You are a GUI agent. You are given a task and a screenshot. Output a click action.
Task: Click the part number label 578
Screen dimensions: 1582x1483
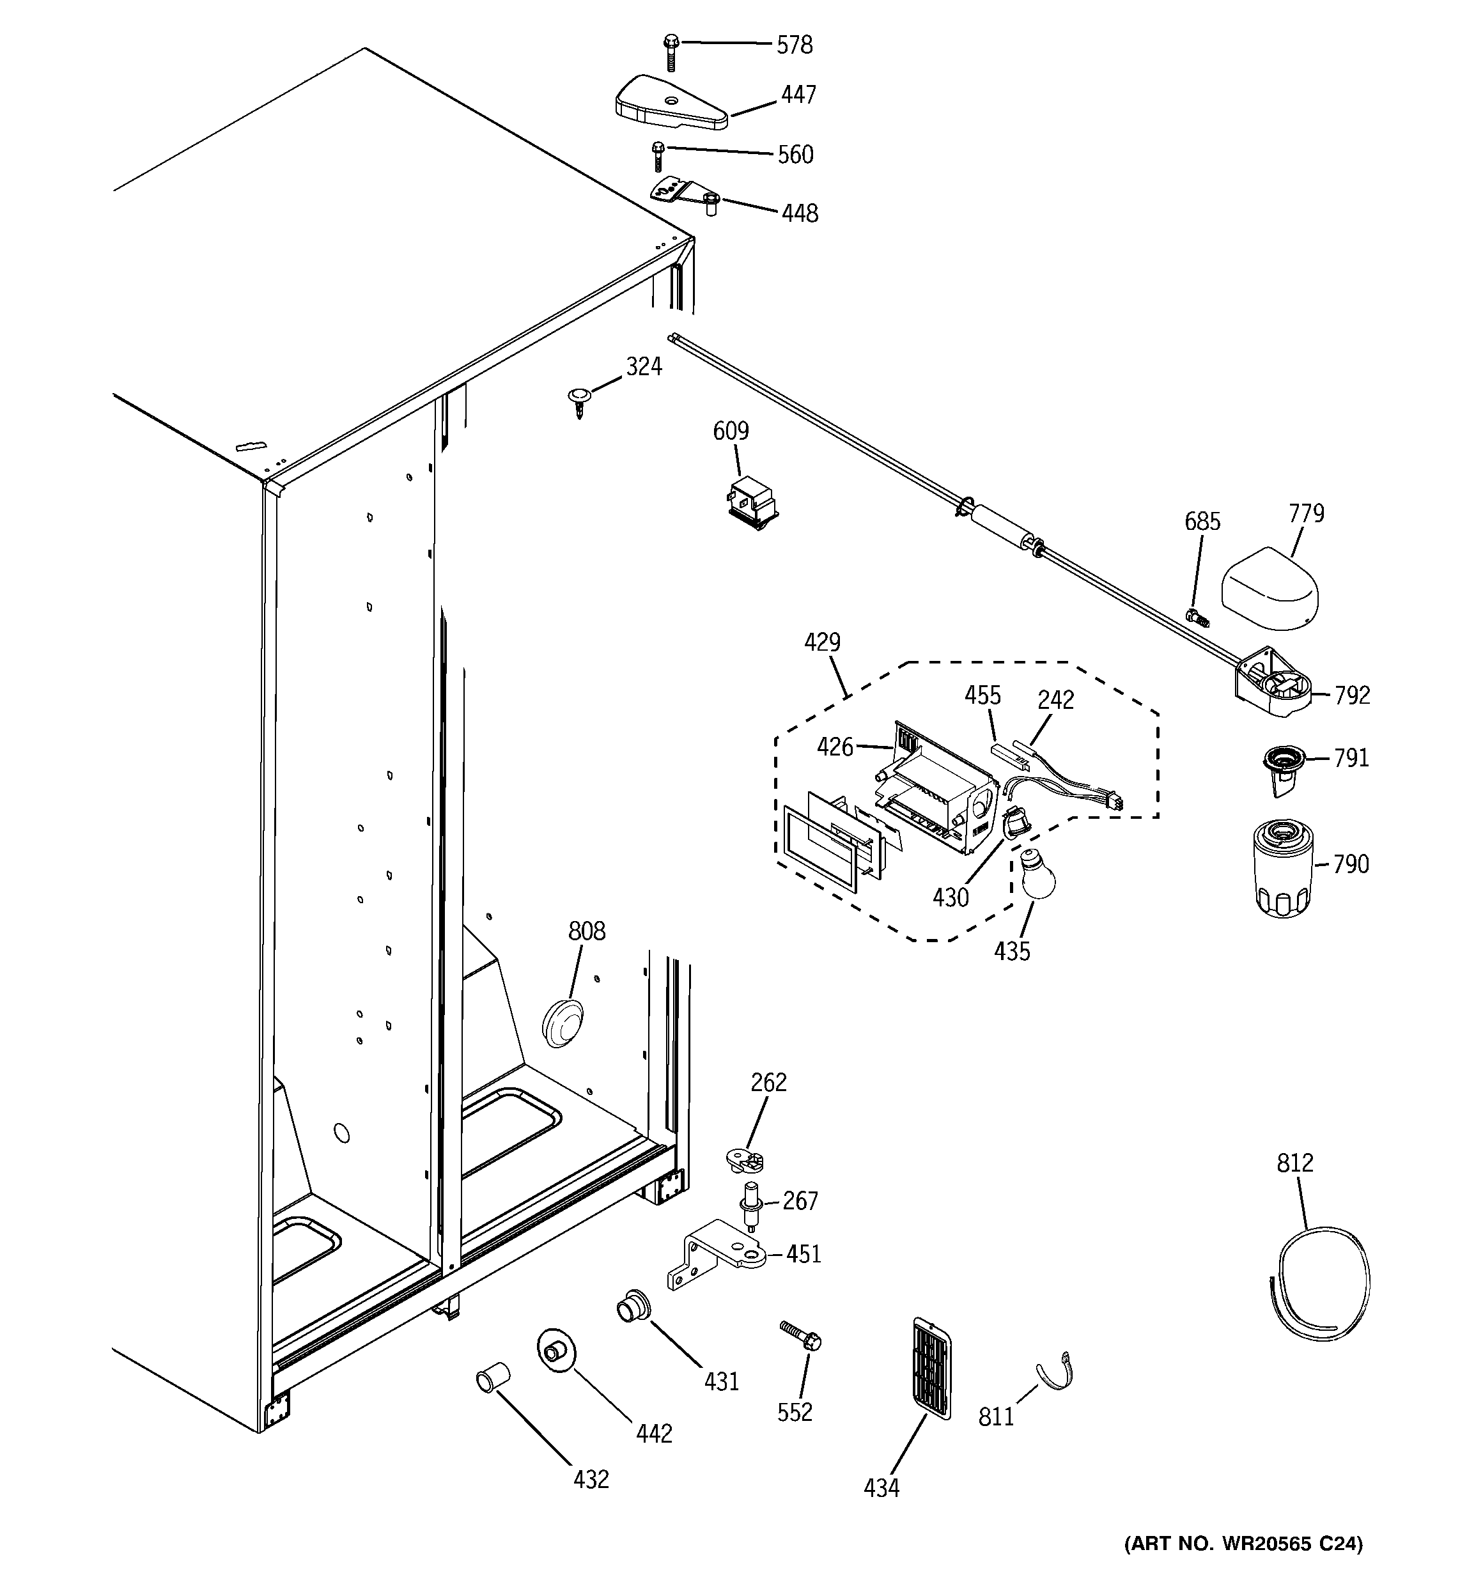click(x=795, y=45)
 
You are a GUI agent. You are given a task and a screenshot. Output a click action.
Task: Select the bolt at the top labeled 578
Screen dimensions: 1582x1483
click(x=671, y=51)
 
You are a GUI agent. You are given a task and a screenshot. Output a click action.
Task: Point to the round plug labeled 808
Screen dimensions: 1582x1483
click(x=563, y=1022)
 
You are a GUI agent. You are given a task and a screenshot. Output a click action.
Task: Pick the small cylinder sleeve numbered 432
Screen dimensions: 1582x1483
click(x=493, y=1377)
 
